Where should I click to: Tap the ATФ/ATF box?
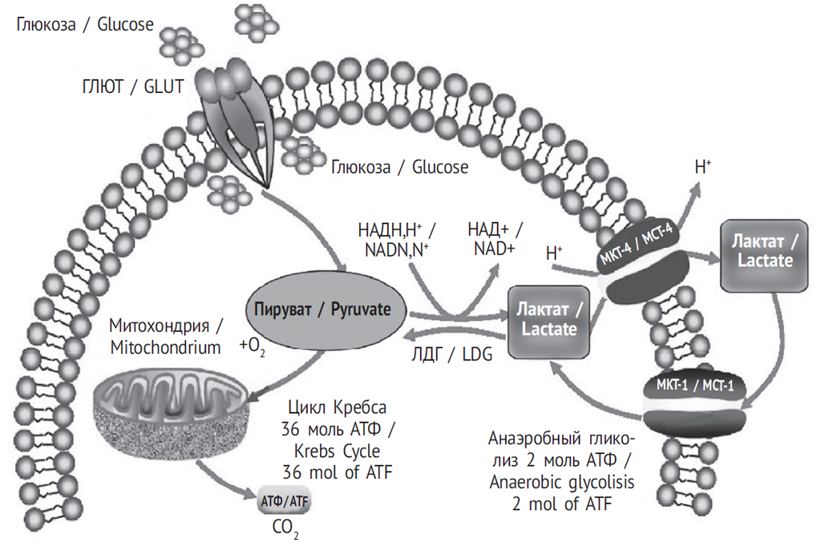[285, 502]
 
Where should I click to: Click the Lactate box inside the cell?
[549, 318]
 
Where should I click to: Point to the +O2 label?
[254, 346]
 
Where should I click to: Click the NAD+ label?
[492, 248]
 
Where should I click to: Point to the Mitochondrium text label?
[165, 347]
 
